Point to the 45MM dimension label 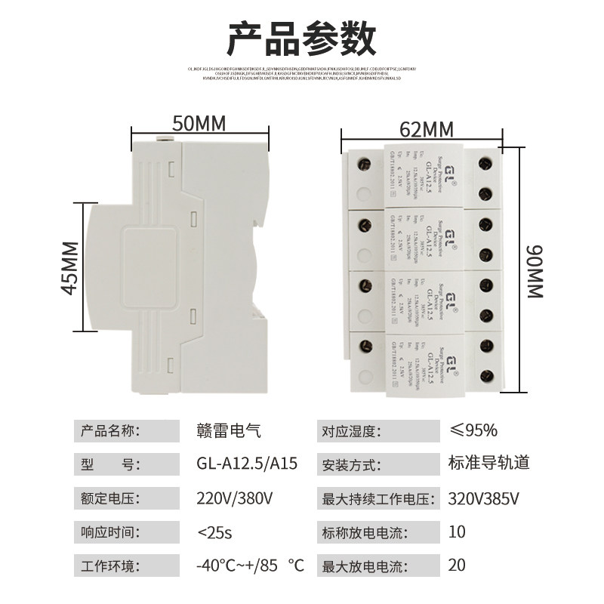point(69,267)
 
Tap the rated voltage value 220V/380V point(235,498)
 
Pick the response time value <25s point(214,532)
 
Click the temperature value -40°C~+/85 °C point(249,565)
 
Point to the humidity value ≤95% point(473,431)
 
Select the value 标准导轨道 point(488,464)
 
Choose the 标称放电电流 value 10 point(457,532)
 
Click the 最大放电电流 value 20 point(457,565)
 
